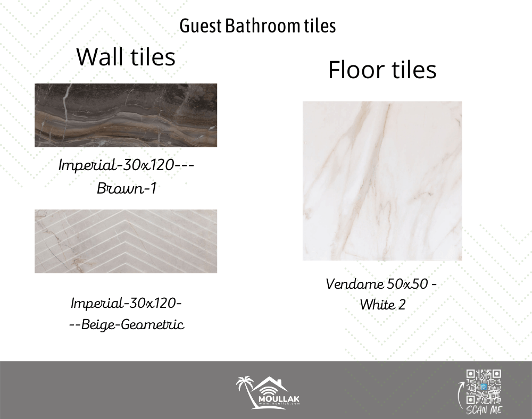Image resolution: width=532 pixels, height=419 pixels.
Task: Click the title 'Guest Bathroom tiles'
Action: tap(257, 26)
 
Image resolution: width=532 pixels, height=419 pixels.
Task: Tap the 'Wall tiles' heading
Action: tap(126, 56)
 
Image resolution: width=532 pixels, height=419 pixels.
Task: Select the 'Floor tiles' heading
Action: tap(383, 70)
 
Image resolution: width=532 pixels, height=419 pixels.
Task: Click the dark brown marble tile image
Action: tap(126, 115)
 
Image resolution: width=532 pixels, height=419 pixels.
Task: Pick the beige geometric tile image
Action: tap(126, 241)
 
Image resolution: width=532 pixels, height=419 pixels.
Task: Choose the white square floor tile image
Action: tap(383, 181)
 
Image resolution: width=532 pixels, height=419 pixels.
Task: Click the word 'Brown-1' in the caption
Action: tap(127, 188)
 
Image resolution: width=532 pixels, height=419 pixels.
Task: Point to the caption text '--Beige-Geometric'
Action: tap(127, 324)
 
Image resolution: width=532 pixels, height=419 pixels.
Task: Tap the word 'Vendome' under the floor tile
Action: tap(354, 284)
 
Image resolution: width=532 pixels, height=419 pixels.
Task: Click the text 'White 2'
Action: tap(383, 305)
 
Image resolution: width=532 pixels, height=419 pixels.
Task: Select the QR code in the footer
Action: tap(484, 387)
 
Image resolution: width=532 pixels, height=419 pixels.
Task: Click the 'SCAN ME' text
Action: tap(484, 410)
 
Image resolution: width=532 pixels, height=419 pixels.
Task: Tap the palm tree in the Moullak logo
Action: tap(246, 390)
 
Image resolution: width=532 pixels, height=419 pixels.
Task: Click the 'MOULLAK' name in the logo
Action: tap(279, 399)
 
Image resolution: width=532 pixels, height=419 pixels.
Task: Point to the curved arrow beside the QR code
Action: tap(460, 395)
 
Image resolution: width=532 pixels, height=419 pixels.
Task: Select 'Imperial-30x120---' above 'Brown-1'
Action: tap(126, 165)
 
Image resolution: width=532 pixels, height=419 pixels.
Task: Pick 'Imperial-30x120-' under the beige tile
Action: tap(126, 303)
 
